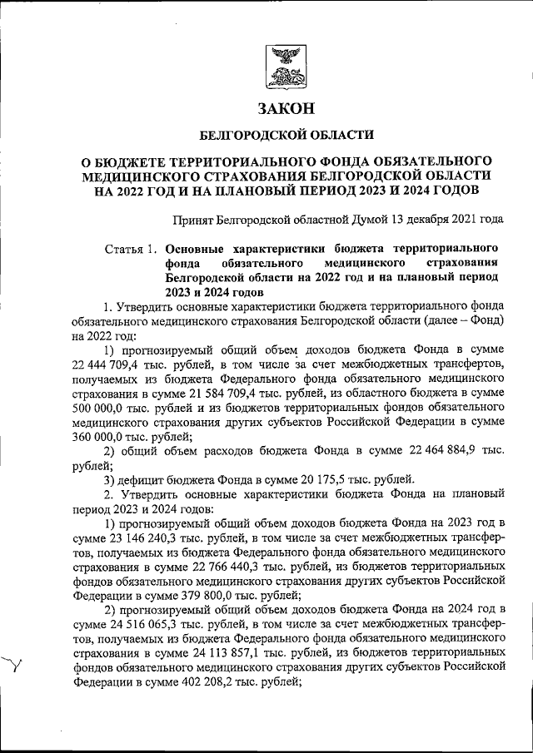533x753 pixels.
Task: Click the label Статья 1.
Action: (x=132, y=249)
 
